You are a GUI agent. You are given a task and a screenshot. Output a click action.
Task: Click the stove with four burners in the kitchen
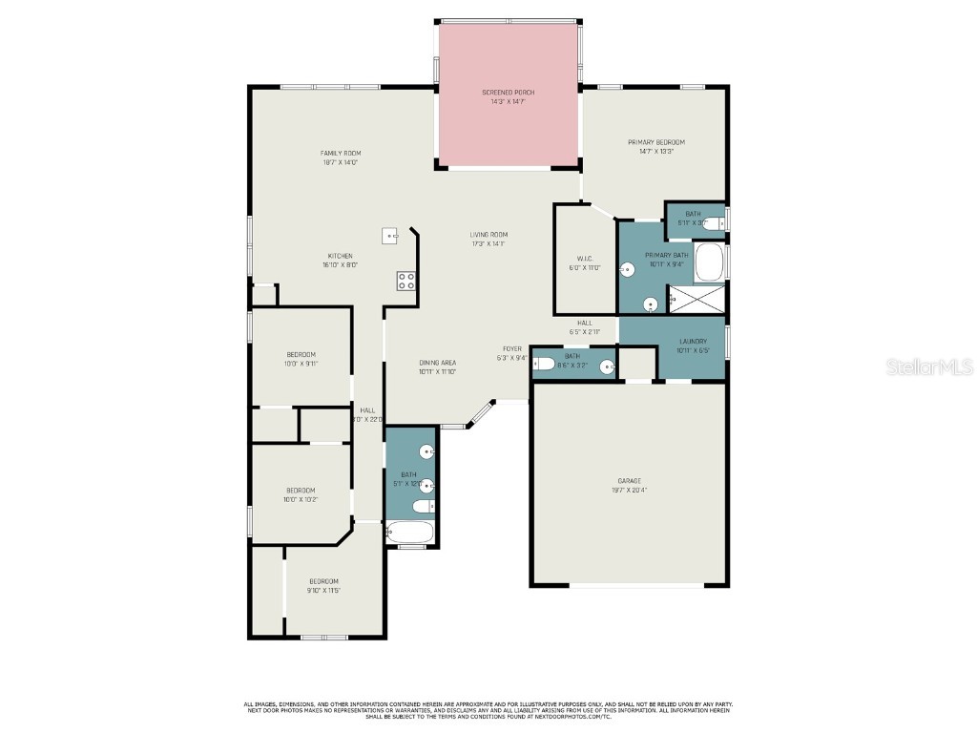pyautogui.click(x=405, y=280)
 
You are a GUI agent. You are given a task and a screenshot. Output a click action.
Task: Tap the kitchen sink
pyautogui.click(x=390, y=235)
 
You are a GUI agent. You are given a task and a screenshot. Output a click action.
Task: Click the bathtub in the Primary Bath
pyautogui.click(x=709, y=263)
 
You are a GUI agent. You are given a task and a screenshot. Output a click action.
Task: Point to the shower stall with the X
pyautogui.click(x=696, y=303)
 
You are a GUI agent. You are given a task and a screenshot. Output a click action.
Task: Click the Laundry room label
pyautogui.click(x=693, y=345)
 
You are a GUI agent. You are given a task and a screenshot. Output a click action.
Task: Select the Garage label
pyautogui.click(x=629, y=485)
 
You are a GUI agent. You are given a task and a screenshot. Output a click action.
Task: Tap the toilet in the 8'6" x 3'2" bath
pyautogui.click(x=544, y=363)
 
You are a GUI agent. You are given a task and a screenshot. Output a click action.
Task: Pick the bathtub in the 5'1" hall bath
pyautogui.click(x=410, y=532)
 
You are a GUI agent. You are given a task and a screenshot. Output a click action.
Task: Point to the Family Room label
pyautogui.click(x=340, y=157)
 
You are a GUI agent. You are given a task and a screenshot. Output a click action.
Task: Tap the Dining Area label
pyautogui.click(x=437, y=366)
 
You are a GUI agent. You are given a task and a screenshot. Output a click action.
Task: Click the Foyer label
pyautogui.click(x=511, y=353)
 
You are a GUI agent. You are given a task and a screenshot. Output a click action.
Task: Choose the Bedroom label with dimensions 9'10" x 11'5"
pyautogui.click(x=323, y=585)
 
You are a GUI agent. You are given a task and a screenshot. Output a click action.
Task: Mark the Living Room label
pyautogui.click(x=488, y=239)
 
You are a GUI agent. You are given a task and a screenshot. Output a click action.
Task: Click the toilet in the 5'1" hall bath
pyautogui.click(x=426, y=506)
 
